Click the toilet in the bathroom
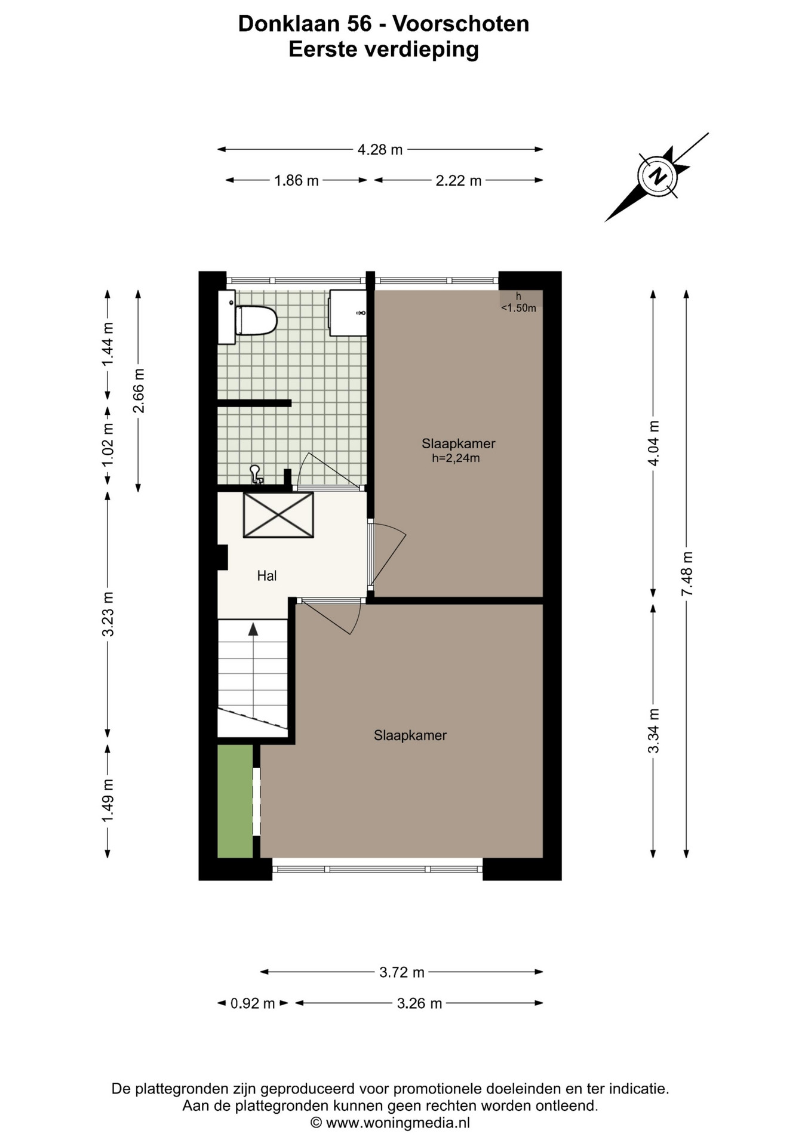pos(256,320)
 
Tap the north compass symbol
pos(657,177)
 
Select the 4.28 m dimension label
pos(380,150)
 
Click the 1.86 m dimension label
pos(296,180)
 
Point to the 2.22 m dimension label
pos(459,180)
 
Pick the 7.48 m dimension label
pos(687,574)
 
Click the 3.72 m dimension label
pos(402,972)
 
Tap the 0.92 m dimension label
pos(253,1003)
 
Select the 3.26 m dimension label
pos(419,1003)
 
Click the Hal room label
pos(267,576)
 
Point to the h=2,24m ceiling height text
pos(456,458)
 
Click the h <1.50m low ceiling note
pos(518,303)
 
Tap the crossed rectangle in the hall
pos(278,515)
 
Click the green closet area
pos(235,801)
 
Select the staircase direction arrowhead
pos(253,629)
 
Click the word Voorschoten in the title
pos(460,24)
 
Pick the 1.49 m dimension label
pos(107,800)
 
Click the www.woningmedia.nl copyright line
pos(390,1123)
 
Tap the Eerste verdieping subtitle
pos(383,49)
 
